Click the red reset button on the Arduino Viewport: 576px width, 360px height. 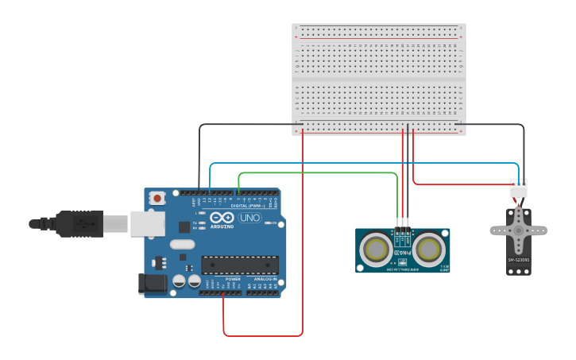(157, 198)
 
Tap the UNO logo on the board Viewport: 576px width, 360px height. (249, 218)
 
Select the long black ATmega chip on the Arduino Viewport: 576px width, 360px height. (239, 265)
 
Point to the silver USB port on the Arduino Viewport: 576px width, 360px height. (147, 223)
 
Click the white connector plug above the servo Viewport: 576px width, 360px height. (518, 188)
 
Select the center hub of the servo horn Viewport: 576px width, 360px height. (518, 230)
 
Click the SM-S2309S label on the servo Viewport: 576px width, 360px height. (518, 260)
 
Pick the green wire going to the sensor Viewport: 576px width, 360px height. (318, 172)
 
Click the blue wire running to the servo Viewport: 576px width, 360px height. (358, 164)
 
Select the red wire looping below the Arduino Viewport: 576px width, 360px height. (262, 335)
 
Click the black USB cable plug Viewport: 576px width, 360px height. (79, 224)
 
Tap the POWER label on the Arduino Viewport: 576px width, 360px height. (233, 280)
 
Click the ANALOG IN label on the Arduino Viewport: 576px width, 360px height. (265, 280)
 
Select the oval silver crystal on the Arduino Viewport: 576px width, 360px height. (182, 245)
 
